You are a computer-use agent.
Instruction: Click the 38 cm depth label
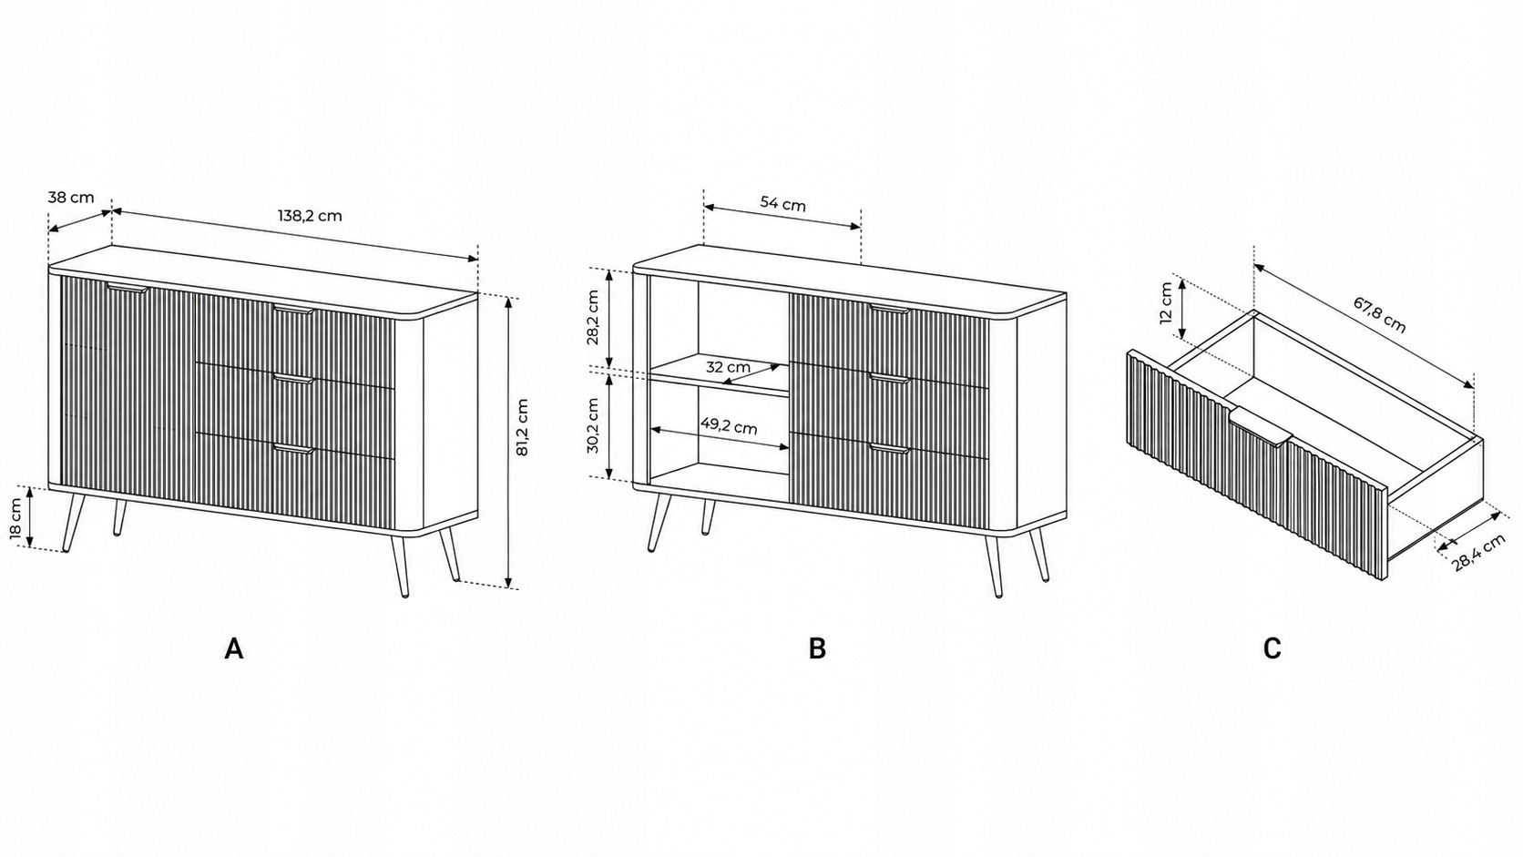[71, 198]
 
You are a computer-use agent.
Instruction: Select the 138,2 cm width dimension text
[310, 216]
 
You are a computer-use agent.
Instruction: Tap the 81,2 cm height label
[522, 427]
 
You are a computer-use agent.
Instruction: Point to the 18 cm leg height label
[17, 518]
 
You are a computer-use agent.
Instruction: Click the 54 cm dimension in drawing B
[782, 203]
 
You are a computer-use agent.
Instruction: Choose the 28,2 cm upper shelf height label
[592, 317]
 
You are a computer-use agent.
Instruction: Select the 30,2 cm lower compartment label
[592, 425]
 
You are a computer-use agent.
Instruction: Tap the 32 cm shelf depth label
[728, 367]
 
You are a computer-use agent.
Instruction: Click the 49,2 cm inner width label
[729, 427]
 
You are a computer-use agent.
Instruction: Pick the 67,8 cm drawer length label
[1379, 315]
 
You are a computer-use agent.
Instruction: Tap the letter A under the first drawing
[234, 648]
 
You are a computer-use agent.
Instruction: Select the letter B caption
[817, 648]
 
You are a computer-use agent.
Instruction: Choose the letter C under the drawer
[1273, 648]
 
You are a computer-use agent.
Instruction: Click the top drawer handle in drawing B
[889, 310]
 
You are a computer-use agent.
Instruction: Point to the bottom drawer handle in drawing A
[293, 448]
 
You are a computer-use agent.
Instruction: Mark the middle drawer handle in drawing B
[889, 378]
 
